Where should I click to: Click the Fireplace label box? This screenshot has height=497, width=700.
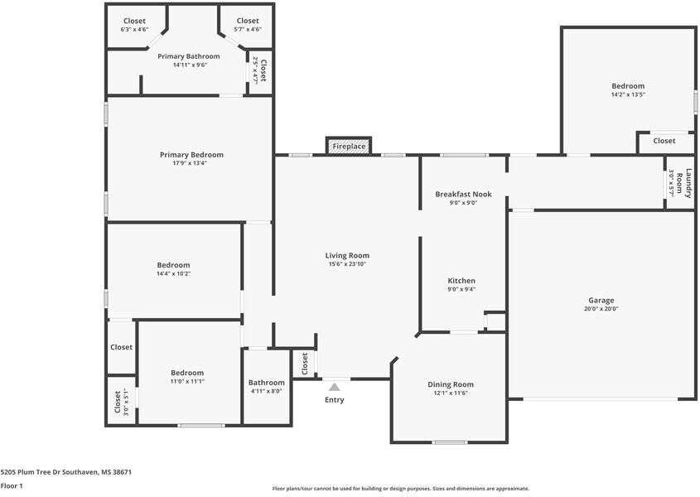pyautogui.click(x=349, y=146)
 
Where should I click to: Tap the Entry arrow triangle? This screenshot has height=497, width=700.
pyautogui.click(x=335, y=387)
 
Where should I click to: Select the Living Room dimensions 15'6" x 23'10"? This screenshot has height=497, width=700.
pyautogui.click(x=347, y=264)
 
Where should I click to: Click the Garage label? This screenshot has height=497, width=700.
pyautogui.click(x=601, y=301)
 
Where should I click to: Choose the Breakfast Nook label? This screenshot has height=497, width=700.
pyautogui.click(x=463, y=194)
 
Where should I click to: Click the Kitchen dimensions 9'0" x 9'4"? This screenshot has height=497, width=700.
pyautogui.click(x=461, y=289)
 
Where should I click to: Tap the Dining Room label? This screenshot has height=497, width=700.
pyautogui.click(x=451, y=384)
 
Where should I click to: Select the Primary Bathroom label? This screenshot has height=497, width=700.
pyautogui.click(x=188, y=56)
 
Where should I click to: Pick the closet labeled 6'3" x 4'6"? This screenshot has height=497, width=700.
pyautogui.click(x=134, y=25)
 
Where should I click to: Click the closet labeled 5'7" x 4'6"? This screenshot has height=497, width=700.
pyautogui.click(x=248, y=25)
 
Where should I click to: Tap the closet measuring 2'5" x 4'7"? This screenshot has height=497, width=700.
pyautogui.click(x=259, y=70)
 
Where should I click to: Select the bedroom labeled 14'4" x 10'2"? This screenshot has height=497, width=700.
pyautogui.click(x=173, y=269)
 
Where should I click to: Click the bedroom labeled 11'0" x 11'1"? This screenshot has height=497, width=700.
pyautogui.click(x=187, y=377)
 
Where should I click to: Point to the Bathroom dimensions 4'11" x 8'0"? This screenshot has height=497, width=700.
pyautogui.click(x=266, y=391)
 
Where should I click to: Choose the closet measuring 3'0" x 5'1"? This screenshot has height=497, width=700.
pyautogui.click(x=121, y=402)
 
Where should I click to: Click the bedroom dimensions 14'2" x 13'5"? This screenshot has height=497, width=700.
pyautogui.click(x=628, y=94)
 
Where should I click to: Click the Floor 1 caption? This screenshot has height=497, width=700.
pyautogui.click(x=12, y=486)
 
